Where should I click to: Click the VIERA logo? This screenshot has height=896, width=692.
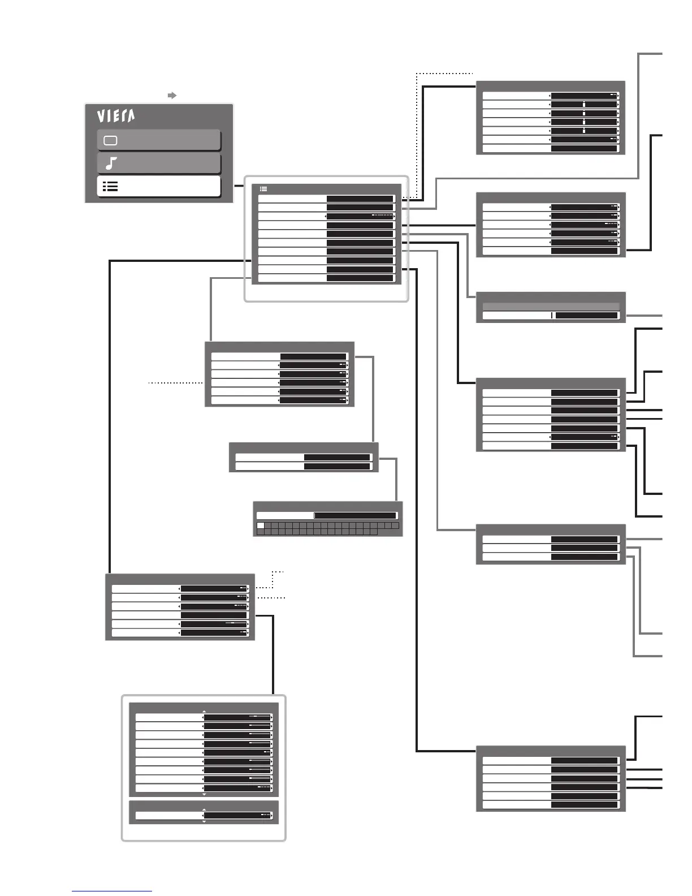116,116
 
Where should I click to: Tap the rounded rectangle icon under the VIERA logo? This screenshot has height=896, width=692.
110,140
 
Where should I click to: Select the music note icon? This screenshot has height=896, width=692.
111,163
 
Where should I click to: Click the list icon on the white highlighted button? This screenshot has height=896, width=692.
110,187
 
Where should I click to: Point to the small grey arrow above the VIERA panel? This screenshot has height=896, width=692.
172,96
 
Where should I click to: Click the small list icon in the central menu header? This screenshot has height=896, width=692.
263,189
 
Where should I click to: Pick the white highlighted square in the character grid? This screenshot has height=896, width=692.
261,525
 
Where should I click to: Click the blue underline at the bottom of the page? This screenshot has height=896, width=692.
111,891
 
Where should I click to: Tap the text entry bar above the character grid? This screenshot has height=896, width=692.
327,515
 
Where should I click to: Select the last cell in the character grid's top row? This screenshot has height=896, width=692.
395,525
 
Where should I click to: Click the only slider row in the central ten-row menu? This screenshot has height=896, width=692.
326,216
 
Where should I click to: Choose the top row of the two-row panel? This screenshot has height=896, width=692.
304,457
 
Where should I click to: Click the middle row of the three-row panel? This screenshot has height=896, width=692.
551,548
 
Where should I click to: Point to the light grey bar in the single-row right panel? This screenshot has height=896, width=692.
551,306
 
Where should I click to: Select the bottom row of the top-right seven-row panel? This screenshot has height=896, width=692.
551,149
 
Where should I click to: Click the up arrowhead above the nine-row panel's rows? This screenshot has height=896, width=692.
204,712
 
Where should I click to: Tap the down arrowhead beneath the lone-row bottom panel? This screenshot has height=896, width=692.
204,822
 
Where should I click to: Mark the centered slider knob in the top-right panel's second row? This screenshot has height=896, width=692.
584,105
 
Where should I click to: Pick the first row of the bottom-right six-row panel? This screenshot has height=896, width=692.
551,761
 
